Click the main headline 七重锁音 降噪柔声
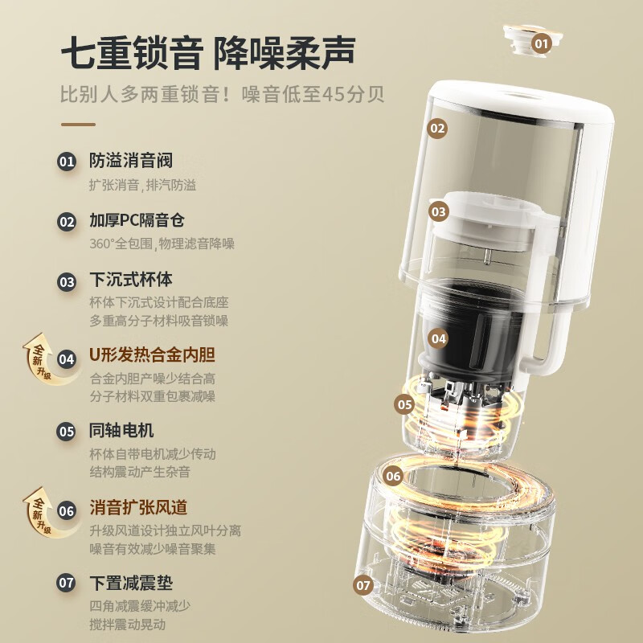(208, 52)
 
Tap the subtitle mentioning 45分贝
(223, 94)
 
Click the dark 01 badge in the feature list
(67, 162)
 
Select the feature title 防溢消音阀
(131, 160)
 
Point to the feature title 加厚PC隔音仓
(137, 220)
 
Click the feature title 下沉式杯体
(131, 280)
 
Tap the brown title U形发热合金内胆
(152, 354)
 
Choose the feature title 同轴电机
(121, 430)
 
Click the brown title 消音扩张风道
(138, 507)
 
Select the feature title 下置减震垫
(131, 583)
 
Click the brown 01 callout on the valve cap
(541, 43)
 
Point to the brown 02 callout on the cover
(437, 129)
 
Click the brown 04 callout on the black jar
(438, 338)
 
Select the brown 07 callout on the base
(363, 585)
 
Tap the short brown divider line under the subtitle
(78, 125)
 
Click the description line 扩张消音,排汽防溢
(143, 185)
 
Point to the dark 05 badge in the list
(67, 432)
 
